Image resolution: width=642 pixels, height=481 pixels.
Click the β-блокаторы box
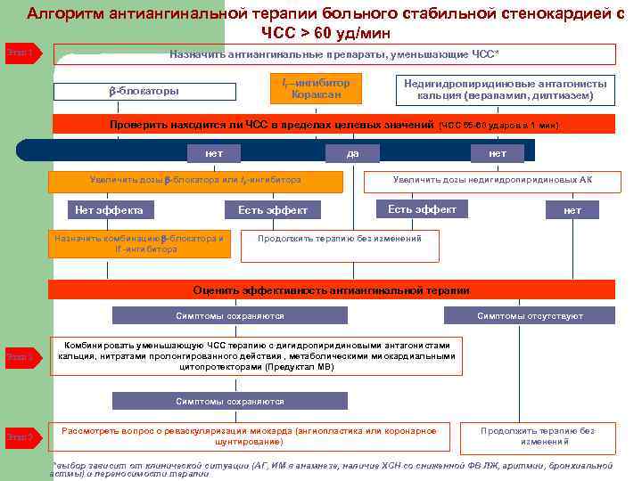pyautogui.click(x=145, y=92)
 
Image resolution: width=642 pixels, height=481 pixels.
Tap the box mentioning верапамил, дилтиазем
pyautogui.click(x=505, y=89)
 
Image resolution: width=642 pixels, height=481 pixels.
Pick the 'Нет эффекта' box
pyautogui.click(x=109, y=210)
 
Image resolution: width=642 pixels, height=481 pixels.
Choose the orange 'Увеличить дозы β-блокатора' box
pyautogui.click(x=195, y=181)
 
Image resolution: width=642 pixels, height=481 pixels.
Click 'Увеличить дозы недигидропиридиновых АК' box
pyautogui.click(x=492, y=181)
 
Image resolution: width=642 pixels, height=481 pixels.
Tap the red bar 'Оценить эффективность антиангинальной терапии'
pyautogui.click(x=331, y=290)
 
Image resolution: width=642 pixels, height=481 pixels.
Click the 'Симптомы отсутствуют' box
pyautogui.click(x=530, y=316)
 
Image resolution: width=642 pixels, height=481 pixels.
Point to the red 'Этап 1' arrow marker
pyautogui.click(x=20, y=53)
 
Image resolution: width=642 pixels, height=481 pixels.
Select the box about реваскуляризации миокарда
pyautogui.click(x=249, y=436)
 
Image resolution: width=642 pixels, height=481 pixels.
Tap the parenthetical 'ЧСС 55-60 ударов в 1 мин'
pyautogui.click(x=498, y=125)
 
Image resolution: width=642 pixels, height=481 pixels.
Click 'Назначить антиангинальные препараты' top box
pyautogui.click(x=333, y=54)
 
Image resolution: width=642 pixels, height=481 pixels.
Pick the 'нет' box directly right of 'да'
pyautogui.click(x=498, y=154)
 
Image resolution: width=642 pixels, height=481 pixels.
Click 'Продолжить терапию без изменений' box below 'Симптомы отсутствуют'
pyautogui.click(x=538, y=436)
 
